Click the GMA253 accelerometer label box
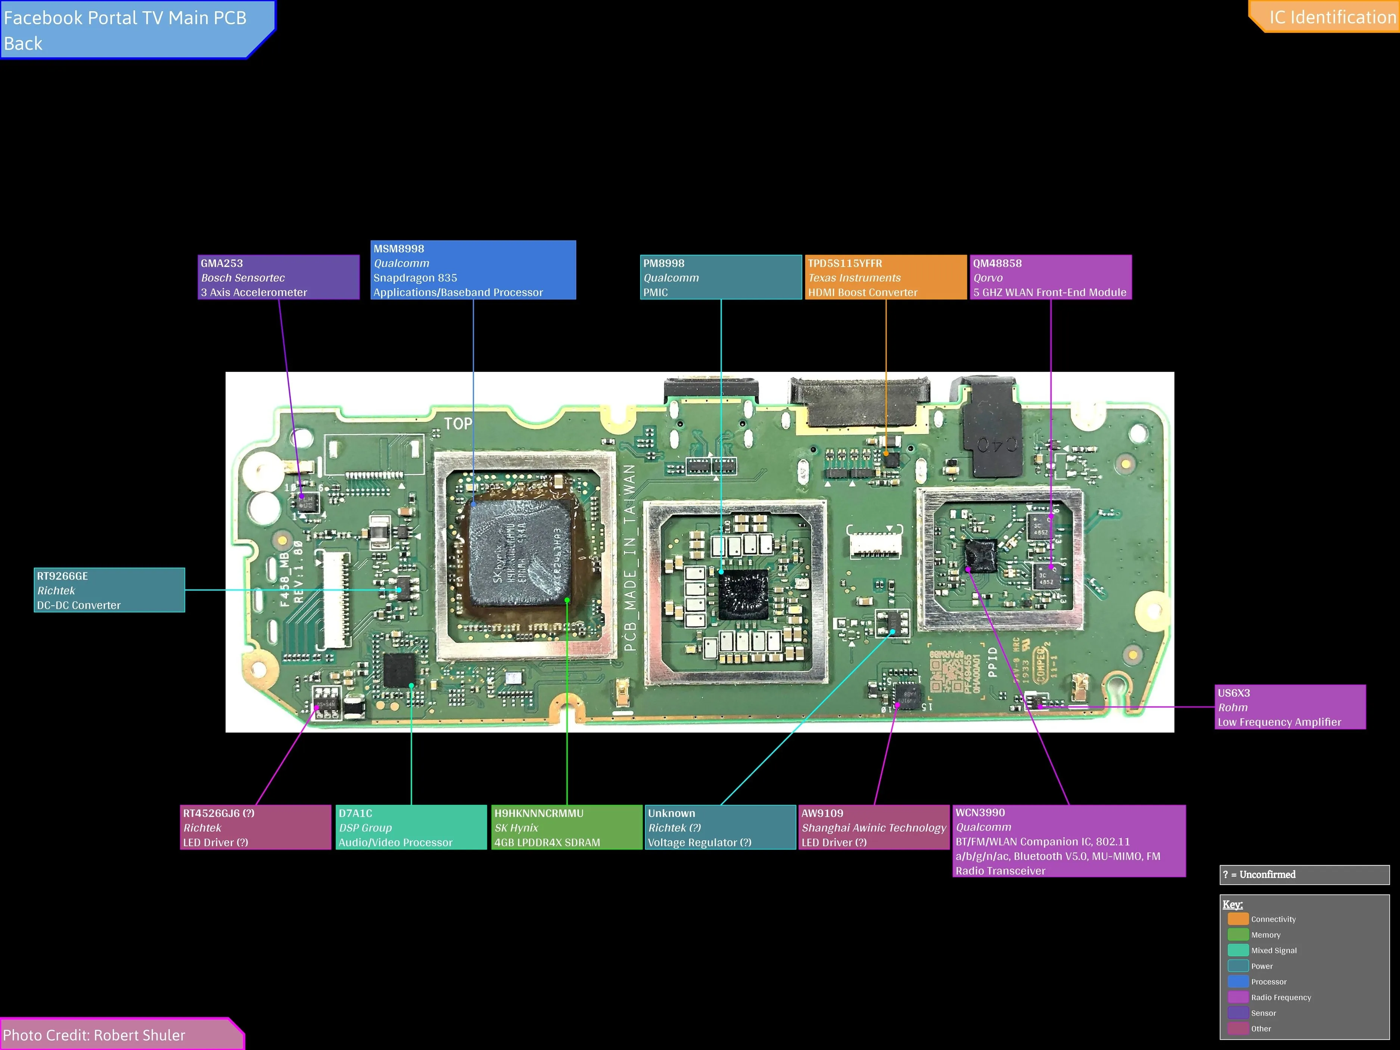click(x=279, y=277)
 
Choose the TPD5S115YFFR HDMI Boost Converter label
click(x=886, y=277)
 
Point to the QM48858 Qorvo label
click(x=1051, y=277)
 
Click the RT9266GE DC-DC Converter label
click(x=109, y=590)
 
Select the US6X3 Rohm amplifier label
click(x=1290, y=707)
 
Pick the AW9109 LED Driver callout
click(x=874, y=827)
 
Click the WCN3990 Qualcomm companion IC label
click(x=1069, y=841)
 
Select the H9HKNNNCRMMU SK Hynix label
click(x=566, y=827)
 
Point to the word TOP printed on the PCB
click(x=458, y=423)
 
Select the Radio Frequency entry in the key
click(x=1281, y=997)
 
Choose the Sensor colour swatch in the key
click(x=1238, y=1013)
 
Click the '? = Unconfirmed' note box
click(x=1304, y=875)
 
